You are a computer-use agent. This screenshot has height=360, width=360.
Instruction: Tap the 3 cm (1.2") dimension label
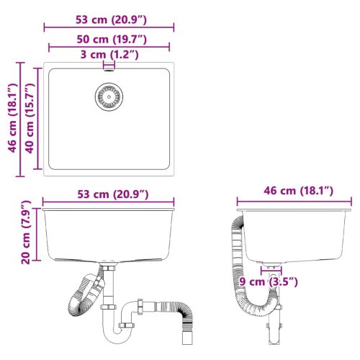109,55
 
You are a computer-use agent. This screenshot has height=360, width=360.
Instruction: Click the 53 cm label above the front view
109,194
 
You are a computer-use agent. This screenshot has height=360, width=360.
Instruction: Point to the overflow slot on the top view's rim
109,67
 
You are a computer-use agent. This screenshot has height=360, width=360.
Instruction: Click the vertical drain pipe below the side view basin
271,328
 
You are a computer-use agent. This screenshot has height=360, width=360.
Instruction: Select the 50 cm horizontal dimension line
109,47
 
